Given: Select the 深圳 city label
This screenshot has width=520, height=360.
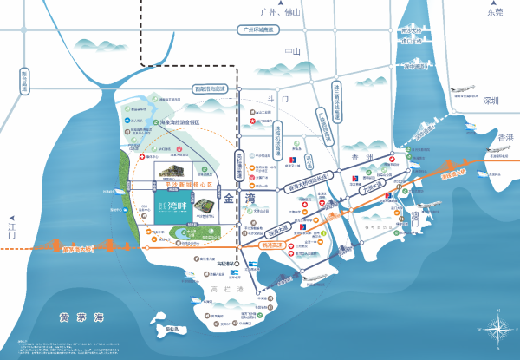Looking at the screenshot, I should (x=491, y=101).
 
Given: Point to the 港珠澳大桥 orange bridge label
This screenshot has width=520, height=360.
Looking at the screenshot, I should (x=455, y=174).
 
